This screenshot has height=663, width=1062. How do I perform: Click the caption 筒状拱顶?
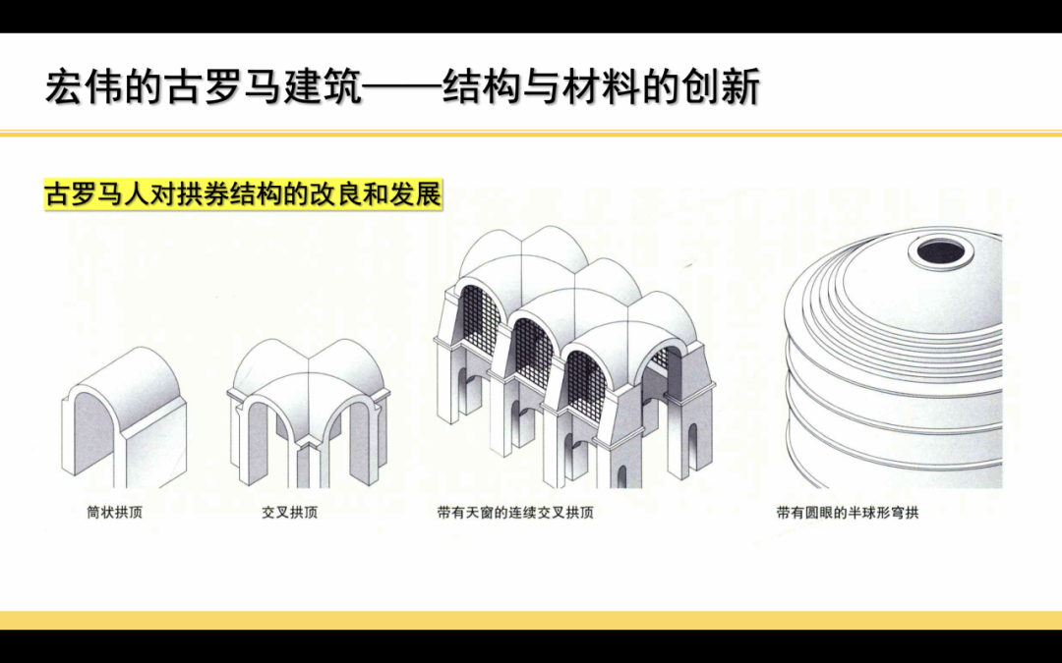coord(114,512)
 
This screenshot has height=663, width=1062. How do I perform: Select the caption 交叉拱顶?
coord(289,512)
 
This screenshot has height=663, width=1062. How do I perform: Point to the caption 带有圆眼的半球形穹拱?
coord(847,512)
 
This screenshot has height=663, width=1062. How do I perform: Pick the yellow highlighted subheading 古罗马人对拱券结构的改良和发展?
coord(243,193)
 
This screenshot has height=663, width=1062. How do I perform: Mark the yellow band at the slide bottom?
coord(531,620)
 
